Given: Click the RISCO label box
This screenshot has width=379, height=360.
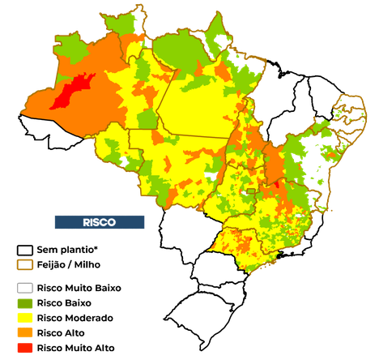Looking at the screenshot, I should click(100, 222).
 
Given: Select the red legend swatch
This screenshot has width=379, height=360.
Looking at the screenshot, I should click(25, 347).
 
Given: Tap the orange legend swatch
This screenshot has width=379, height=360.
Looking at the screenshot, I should click(25, 332).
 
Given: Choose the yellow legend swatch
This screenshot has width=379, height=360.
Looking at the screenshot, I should click(25, 318).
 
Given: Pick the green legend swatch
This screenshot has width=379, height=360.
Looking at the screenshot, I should click(25, 303).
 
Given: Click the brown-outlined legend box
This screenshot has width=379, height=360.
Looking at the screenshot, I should click(24, 264).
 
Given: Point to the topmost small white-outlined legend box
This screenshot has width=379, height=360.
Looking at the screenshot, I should click(24, 250).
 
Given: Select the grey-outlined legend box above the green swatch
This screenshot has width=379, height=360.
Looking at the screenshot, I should click(25, 288).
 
